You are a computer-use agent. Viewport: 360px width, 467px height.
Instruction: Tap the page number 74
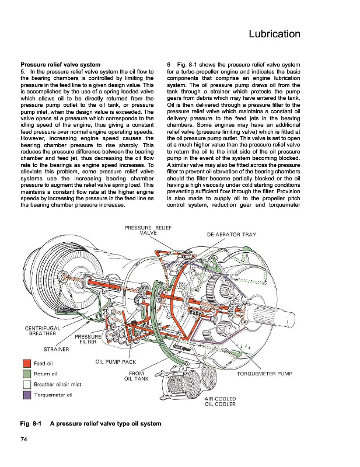tap(25, 440)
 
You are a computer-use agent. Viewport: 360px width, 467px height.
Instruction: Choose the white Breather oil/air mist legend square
tap(25, 384)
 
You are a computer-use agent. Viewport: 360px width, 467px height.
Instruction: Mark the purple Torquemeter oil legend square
tap(25, 395)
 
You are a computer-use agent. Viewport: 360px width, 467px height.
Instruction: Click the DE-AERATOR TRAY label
tap(232, 235)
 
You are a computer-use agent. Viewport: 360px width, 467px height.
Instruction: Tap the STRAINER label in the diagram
tap(57, 349)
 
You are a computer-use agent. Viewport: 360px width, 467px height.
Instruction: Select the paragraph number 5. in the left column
tap(23, 71)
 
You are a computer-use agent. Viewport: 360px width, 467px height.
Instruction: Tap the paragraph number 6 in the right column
tap(169, 64)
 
